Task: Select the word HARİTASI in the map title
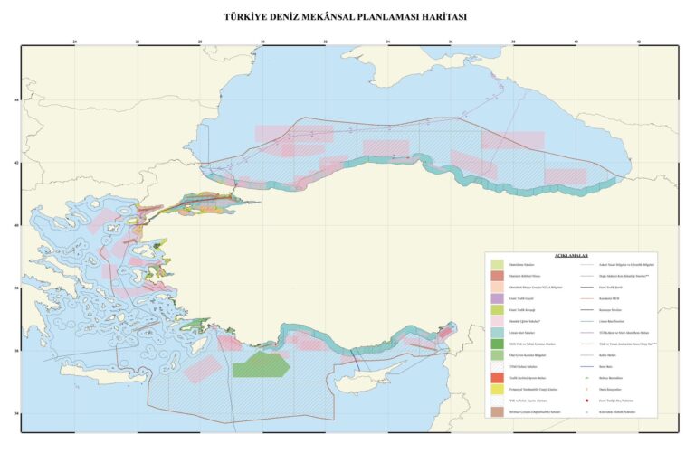[x=440, y=17]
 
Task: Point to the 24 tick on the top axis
[x=75, y=42]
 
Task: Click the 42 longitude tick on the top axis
[x=639, y=42]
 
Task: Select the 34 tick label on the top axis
[x=388, y=42]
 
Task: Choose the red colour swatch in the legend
[x=497, y=377]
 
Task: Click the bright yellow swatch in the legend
[x=497, y=388]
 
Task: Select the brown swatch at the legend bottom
[x=497, y=411]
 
